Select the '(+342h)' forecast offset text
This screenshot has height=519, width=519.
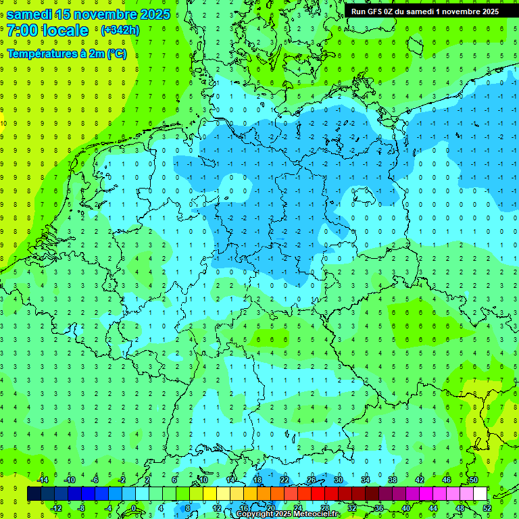coord(120,30)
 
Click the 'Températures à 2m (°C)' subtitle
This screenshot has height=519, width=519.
coord(66,54)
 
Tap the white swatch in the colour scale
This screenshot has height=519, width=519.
coord(480,494)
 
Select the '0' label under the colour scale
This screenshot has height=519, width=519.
coord(134,508)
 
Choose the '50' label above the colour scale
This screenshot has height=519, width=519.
coord(473,480)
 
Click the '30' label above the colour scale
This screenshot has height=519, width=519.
coord(338,480)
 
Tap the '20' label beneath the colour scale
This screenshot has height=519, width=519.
coord(270,508)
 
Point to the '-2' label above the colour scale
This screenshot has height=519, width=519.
coord(122,480)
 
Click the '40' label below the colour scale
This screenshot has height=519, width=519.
coord(406,508)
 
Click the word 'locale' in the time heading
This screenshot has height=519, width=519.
coord(65,30)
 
